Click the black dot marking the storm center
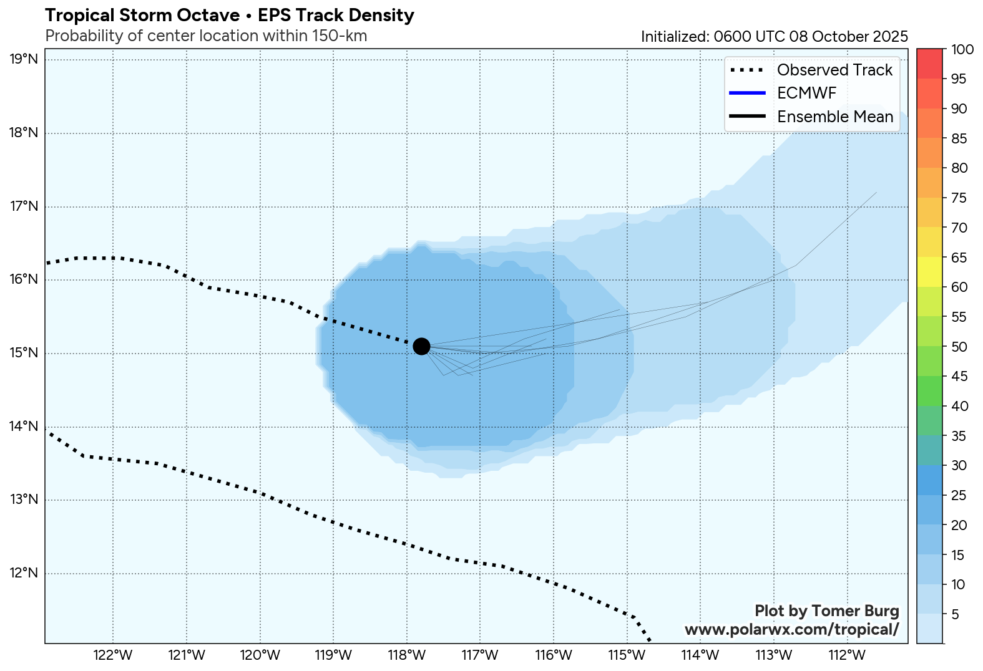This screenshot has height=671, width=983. tap(421, 346)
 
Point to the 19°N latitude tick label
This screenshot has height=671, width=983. tap(24, 60)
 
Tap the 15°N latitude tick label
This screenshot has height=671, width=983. tap(24, 354)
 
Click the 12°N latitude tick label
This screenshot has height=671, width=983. tap(24, 573)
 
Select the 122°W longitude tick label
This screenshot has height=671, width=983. tap(113, 655)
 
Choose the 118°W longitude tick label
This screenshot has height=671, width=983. tap(407, 655)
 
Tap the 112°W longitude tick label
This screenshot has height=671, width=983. tap(847, 655)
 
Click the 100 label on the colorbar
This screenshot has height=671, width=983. tap(962, 49)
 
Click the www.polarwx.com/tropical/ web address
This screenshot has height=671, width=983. tap(791, 630)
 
